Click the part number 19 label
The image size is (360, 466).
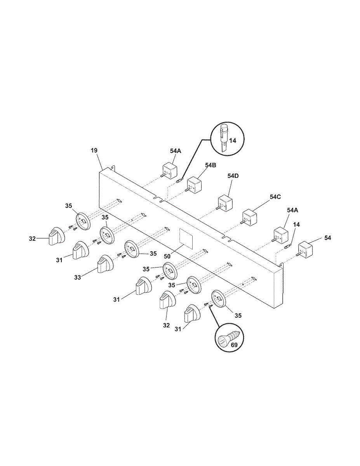(x=94, y=150)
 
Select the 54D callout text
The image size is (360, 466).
(x=233, y=176)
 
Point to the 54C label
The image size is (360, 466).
(x=275, y=197)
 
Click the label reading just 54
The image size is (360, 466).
(x=328, y=238)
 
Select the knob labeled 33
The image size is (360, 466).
(x=104, y=264)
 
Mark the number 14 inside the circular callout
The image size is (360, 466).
(x=232, y=141)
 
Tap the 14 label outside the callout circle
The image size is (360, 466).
(x=296, y=224)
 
